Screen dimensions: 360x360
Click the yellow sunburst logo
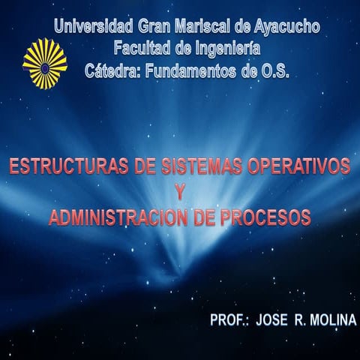45,64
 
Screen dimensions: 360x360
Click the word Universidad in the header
94,28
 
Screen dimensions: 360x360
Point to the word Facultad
142,49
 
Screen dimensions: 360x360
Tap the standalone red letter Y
180,192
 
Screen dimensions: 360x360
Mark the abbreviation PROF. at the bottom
229,319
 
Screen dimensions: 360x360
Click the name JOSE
273,319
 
